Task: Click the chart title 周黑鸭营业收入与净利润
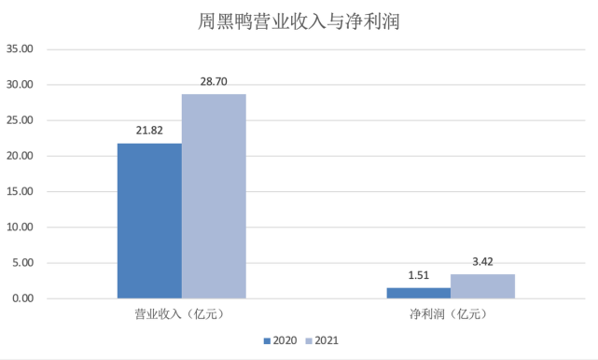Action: pos(299,20)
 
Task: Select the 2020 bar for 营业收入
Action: pos(149,220)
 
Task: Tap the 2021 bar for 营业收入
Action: pos(214,196)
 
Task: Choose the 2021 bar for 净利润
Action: pos(482,286)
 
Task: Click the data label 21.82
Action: pos(149,132)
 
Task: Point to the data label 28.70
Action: pos(215,82)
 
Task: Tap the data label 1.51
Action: pos(418,276)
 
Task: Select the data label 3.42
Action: pos(482,262)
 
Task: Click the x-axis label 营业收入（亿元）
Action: pos(182,315)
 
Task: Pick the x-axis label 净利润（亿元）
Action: pos(450,315)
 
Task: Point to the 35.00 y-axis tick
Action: pos(20,48)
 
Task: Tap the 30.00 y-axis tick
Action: pos(20,84)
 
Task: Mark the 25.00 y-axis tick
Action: pos(20,120)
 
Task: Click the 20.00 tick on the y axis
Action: pos(20,156)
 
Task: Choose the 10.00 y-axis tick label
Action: pos(20,227)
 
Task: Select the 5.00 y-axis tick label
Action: pos(22,263)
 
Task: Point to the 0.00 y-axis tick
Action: pos(22,298)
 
